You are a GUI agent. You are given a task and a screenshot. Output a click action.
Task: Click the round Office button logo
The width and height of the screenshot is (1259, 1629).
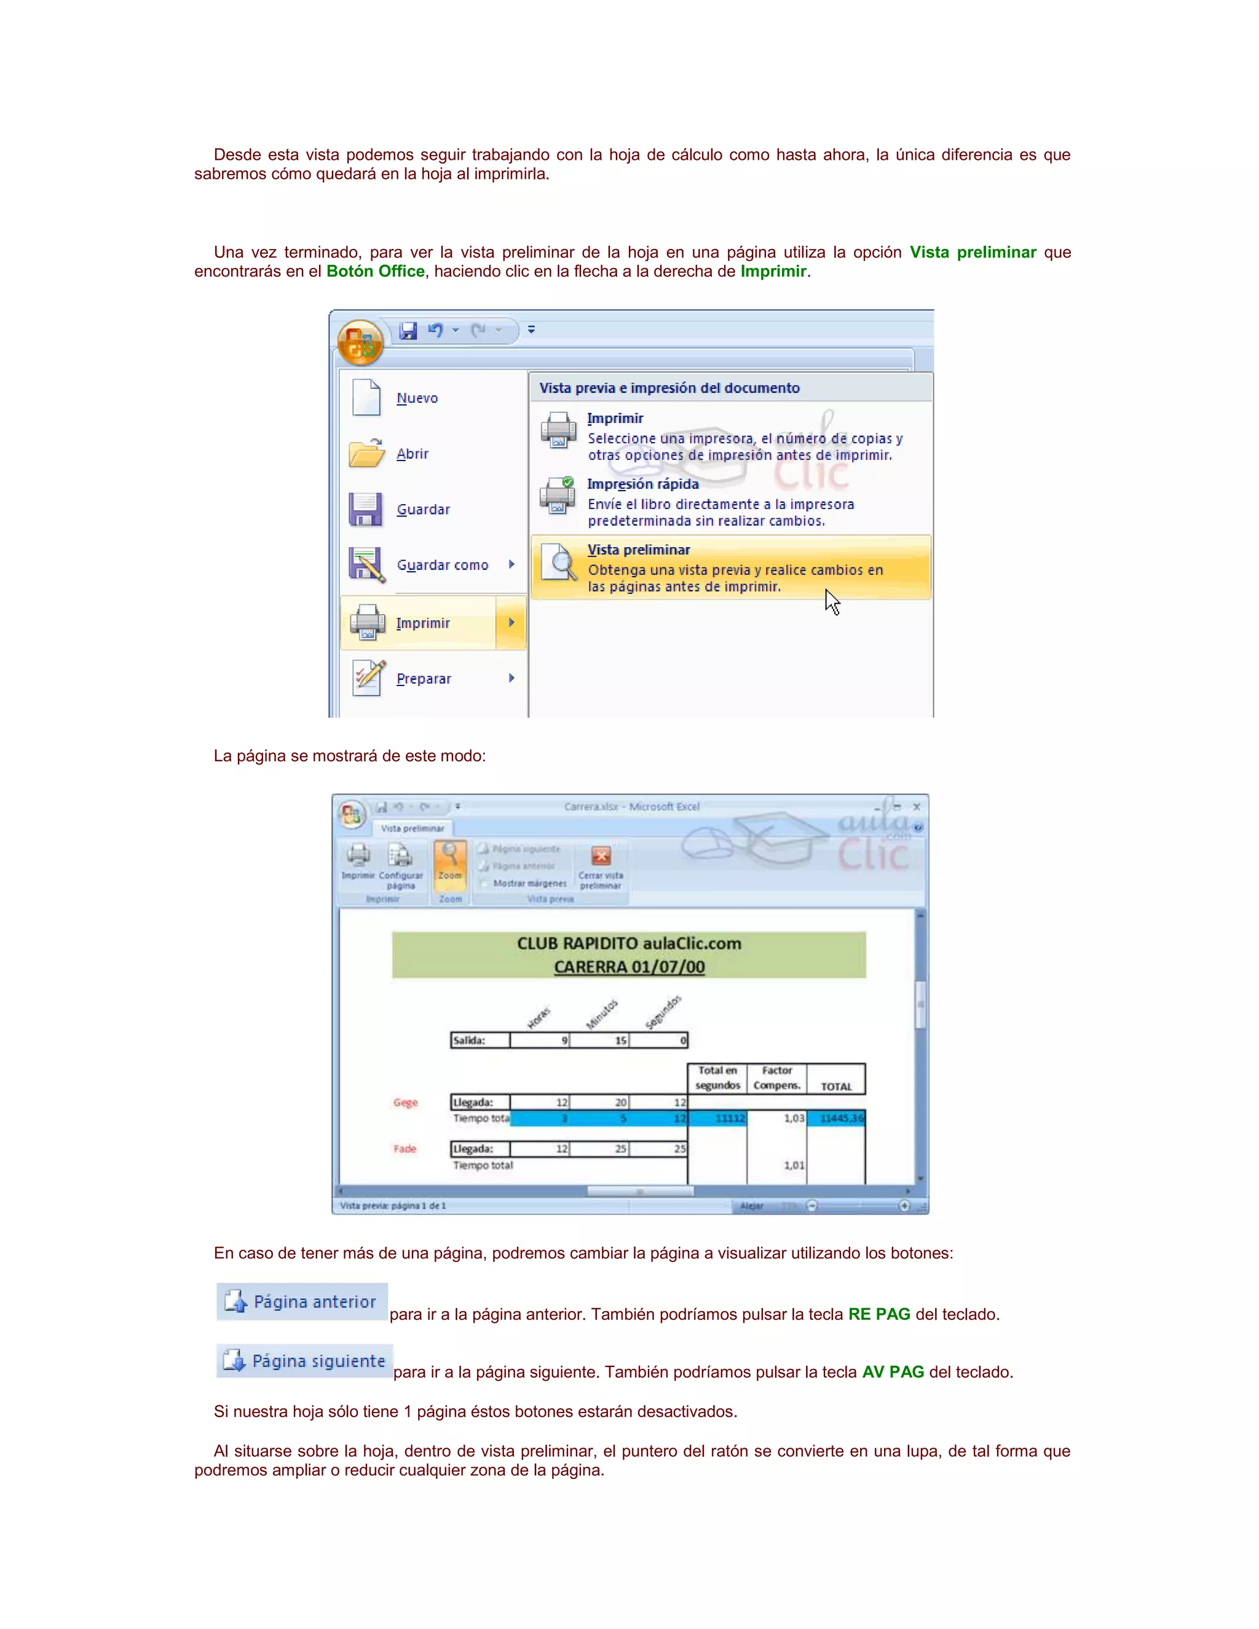coord(360,343)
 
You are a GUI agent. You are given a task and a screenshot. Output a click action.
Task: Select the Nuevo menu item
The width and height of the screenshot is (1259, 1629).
coord(417,398)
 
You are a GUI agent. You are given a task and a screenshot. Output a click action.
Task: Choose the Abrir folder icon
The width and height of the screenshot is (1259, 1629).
coord(366,453)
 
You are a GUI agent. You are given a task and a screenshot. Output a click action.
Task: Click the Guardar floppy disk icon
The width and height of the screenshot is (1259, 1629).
coord(366,510)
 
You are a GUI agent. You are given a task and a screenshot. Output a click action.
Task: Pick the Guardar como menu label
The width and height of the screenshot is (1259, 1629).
coord(442,566)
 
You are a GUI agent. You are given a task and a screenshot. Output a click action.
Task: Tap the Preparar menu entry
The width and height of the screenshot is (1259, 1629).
coord(424,679)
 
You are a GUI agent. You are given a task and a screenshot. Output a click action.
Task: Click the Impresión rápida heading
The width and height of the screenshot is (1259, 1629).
coord(643,484)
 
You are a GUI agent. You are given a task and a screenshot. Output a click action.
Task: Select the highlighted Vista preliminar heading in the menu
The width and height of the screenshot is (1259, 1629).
coord(639,550)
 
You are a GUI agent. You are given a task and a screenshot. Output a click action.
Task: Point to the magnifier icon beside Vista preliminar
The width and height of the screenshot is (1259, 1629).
coord(559,562)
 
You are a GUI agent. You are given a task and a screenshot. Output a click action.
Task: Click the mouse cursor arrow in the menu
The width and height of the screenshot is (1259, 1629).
coord(832,602)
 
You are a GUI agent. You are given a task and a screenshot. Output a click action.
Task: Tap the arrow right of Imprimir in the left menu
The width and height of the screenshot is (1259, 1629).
coord(511,622)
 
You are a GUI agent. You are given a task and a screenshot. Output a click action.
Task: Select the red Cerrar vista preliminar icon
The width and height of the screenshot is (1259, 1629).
coord(601,856)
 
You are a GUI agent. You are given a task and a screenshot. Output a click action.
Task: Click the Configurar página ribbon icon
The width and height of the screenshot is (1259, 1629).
coord(401,856)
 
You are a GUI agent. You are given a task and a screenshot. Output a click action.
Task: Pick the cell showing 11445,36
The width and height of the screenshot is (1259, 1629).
coord(836,1118)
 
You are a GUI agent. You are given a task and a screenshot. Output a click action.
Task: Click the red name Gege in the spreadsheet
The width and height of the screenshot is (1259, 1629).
coord(405,1102)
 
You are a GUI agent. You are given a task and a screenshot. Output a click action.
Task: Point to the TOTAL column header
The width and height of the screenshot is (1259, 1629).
coord(836,1086)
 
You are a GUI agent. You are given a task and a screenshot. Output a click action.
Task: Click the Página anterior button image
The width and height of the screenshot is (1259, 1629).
coord(302,1301)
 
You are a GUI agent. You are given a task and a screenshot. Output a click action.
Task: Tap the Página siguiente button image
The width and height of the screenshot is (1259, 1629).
coord(304,1361)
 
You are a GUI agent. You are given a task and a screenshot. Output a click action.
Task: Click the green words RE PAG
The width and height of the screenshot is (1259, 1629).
coord(878,1314)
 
